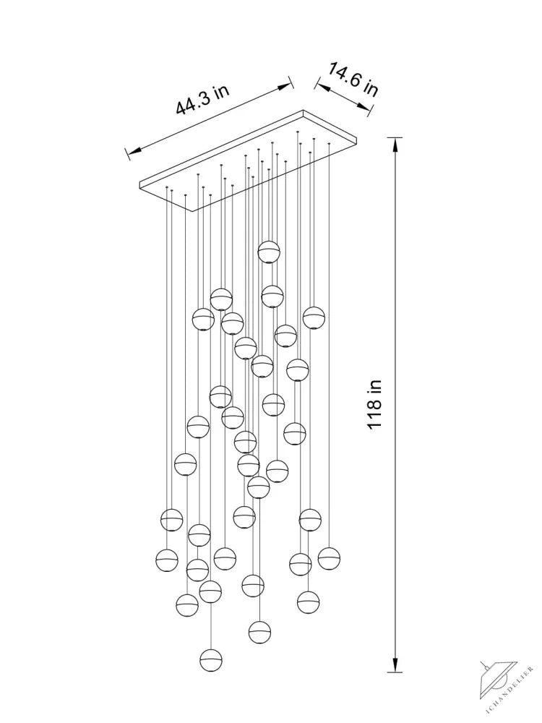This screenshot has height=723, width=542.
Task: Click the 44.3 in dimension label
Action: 202,99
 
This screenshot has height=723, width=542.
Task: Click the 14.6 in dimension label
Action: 353,80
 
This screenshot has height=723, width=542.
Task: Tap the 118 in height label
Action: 374,404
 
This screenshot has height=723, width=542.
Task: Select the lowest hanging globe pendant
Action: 211,660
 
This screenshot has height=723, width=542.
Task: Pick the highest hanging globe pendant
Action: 269,252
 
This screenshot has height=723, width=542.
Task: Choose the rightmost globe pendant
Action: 329,558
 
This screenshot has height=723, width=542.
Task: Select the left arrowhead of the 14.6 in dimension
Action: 320,87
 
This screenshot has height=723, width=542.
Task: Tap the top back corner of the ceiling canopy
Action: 303,111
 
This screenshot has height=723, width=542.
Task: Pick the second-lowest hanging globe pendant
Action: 259,632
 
